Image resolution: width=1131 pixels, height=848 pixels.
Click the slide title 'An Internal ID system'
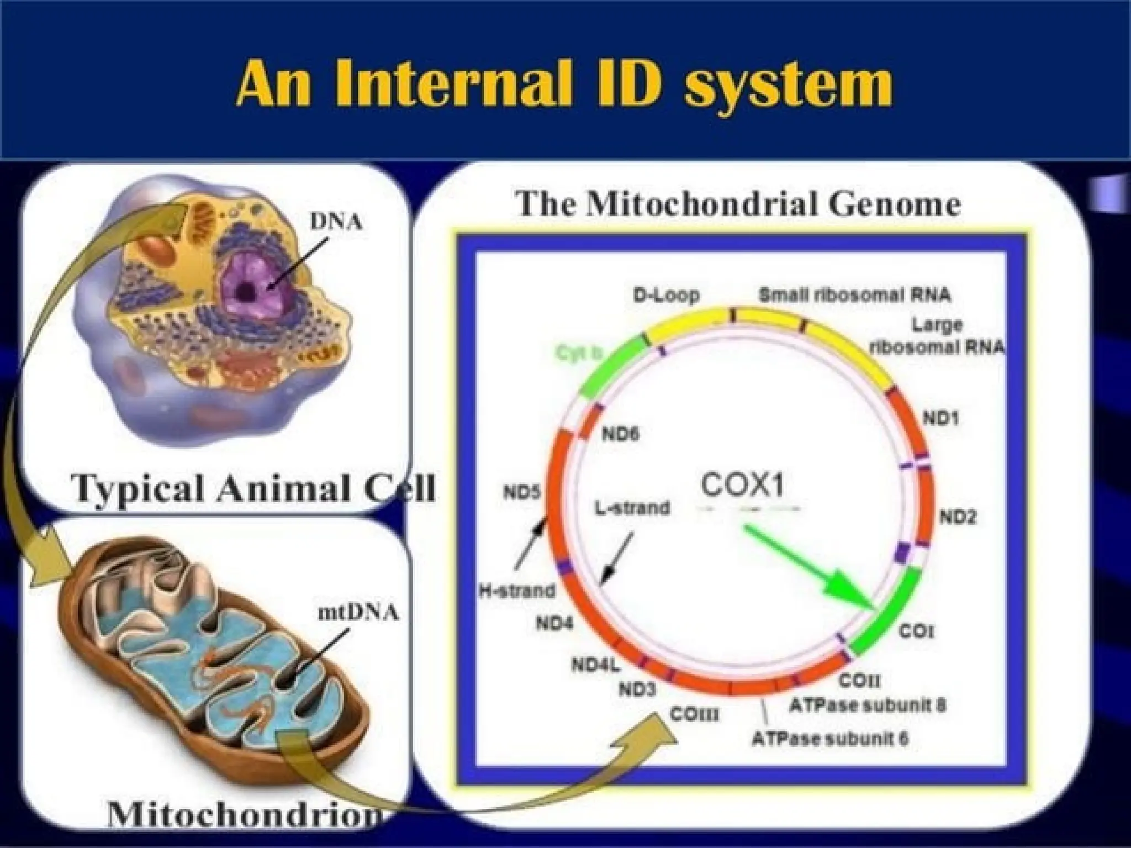point(564,84)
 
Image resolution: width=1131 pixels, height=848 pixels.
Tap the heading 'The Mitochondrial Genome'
point(738,205)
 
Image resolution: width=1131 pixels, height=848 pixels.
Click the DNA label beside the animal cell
point(336,222)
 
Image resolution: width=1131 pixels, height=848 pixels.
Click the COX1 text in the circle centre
point(742,486)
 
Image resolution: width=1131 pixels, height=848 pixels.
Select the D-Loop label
point(665,295)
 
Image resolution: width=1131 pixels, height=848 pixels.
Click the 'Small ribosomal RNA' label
point(855,295)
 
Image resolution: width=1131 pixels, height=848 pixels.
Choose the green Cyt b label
point(578,354)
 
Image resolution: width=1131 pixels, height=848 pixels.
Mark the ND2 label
point(958,517)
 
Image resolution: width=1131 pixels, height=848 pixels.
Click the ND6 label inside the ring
point(620,434)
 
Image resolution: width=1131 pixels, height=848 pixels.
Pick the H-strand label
point(516,591)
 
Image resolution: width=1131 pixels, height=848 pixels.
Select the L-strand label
point(632,507)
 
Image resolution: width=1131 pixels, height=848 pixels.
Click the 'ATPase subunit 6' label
point(830,739)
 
